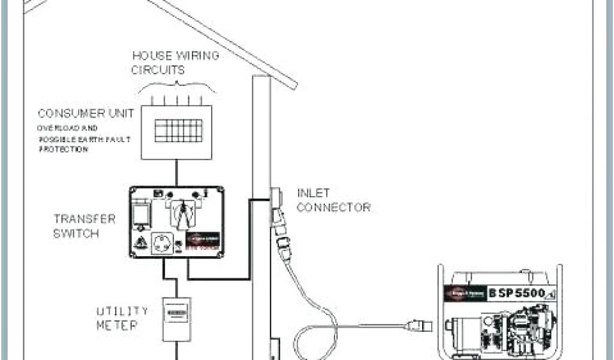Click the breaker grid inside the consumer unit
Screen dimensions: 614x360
[178, 130]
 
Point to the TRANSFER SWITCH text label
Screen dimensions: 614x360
[76, 226]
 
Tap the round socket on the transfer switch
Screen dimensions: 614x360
[162, 243]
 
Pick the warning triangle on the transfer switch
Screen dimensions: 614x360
[142, 244]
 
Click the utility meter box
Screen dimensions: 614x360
[176, 319]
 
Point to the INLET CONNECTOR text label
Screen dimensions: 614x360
[333, 200]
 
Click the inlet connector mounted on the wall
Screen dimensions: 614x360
[276, 199]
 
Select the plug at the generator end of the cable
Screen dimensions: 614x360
[417, 326]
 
